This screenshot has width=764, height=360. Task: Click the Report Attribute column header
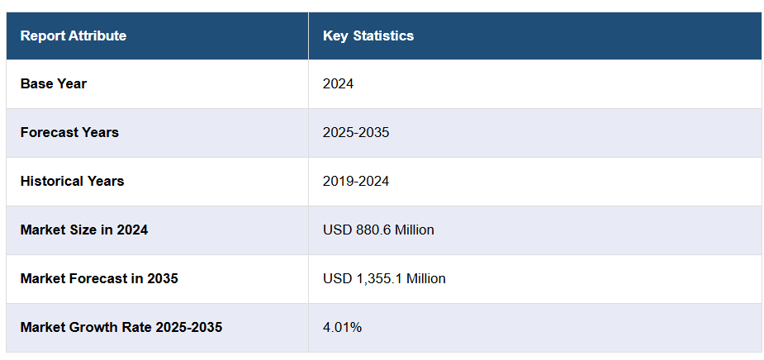tap(74, 36)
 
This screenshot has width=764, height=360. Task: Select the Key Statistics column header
tap(368, 36)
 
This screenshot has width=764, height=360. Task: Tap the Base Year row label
tap(54, 84)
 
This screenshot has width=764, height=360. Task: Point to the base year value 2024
tap(339, 84)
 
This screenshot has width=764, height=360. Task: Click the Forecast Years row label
tap(69, 133)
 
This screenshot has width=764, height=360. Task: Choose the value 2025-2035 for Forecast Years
tap(356, 133)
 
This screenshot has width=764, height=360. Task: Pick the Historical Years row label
tap(72, 182)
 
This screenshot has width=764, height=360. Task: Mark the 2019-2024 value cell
tap(356, 182)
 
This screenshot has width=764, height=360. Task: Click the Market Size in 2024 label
tap(84, 230)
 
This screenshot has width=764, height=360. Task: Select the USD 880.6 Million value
tap(378, 230)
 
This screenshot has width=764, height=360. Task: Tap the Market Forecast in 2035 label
tap(99, 279)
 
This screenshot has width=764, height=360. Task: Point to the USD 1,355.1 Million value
tap(384, 279)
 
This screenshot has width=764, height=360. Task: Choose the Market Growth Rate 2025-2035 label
tap(121, 328)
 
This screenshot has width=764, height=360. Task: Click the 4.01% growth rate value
tap(342, 328)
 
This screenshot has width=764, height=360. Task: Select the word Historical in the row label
tap(52, 182)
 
